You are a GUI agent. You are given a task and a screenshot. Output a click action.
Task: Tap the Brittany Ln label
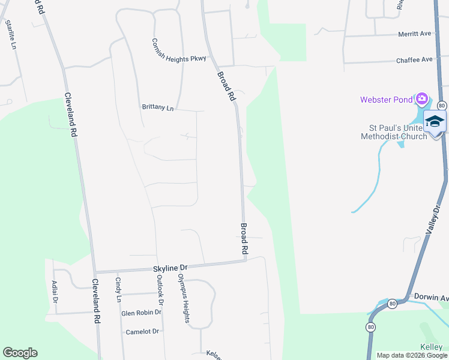point(157,107)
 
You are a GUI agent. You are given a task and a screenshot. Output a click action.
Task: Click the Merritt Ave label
point(415,34)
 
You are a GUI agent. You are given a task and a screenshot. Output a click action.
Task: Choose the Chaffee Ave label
point(414,60)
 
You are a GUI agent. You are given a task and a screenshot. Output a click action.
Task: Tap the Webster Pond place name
point(385,100)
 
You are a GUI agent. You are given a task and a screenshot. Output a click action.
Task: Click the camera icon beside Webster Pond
point(422,98)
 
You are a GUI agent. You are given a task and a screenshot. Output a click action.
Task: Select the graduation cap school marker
point(435,121)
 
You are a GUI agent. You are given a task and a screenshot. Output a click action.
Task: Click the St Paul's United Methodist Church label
point(394,132)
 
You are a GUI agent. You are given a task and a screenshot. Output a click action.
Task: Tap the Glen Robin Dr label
point(142,313)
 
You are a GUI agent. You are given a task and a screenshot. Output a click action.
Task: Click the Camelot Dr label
point(142,331)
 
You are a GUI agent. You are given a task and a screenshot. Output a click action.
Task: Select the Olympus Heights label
point(182,298)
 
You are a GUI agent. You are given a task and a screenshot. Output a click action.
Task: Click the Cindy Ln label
point(118,290)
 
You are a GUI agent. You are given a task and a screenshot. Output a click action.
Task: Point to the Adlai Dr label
point(55,292)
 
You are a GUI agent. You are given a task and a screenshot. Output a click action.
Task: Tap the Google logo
point(20,353)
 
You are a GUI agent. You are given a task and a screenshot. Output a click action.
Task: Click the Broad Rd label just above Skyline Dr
point(244,237)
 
